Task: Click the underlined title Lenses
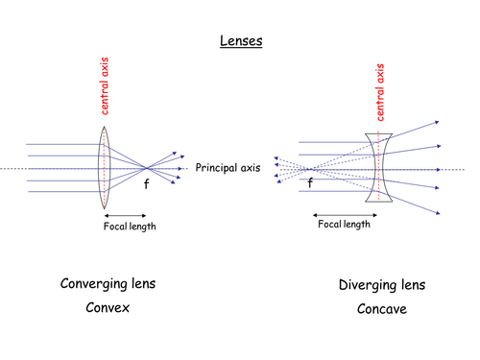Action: pyautogui.click(x=238, y=43)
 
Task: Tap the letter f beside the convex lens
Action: pyautogui.click(x=147, y=183)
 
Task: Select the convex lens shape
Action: pyautogui.click(x=105, y=169)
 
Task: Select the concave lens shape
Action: pyautogui.click(x=379, y=168)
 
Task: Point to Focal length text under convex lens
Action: pyautogui.click(x=130, y=227)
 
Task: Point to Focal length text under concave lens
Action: pyautogui.click(x=343, y=224)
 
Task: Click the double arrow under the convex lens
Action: pyautogui.click(x=125, y=213)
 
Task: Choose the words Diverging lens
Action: pyautogui.click(x=382, y=286)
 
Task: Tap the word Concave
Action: pyautogui.click(x=382, y=311)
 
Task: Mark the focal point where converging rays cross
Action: pyautogui.click(x=145, y=169)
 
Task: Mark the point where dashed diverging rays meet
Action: pyautogui.click(x=309, y=169)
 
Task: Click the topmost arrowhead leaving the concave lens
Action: pyautogui.click(x=437, y=122)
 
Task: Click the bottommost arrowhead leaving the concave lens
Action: pyautogui.click(x=437, y=213)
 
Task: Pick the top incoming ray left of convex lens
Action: pyautogui.click(x=62, y=144)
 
